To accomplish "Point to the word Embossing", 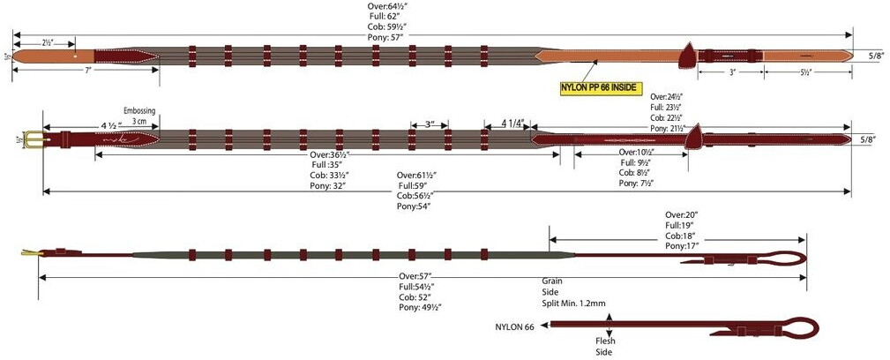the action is [138, 110].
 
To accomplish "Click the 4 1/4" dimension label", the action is [514, 123].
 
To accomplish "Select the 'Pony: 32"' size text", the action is [327, 185].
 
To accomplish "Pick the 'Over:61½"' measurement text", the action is [417, 176].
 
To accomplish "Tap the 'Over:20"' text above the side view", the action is [682, 214].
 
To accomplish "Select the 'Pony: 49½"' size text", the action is [420, 307].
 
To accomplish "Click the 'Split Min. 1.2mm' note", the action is [574, 303].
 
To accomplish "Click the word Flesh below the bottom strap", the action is [605, 341].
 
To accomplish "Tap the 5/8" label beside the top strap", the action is [874, 55].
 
